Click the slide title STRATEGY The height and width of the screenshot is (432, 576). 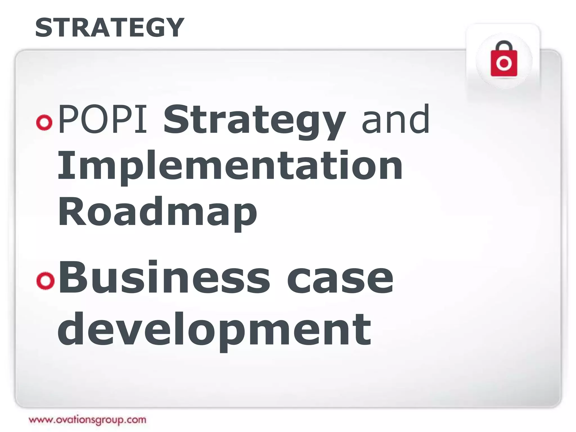(x=109, y=27)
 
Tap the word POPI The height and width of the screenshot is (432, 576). (x=103, y=119)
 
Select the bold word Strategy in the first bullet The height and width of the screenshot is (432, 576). (x=255, y=120)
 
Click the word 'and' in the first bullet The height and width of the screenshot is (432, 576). (x=395, y=119)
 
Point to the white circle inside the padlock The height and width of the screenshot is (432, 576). (x=504, y=63)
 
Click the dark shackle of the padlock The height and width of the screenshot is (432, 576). (x=504, y=45)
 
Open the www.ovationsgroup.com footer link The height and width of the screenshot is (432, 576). (x=87, y=420)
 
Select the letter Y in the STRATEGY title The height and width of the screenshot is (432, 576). (x=173, y=27)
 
